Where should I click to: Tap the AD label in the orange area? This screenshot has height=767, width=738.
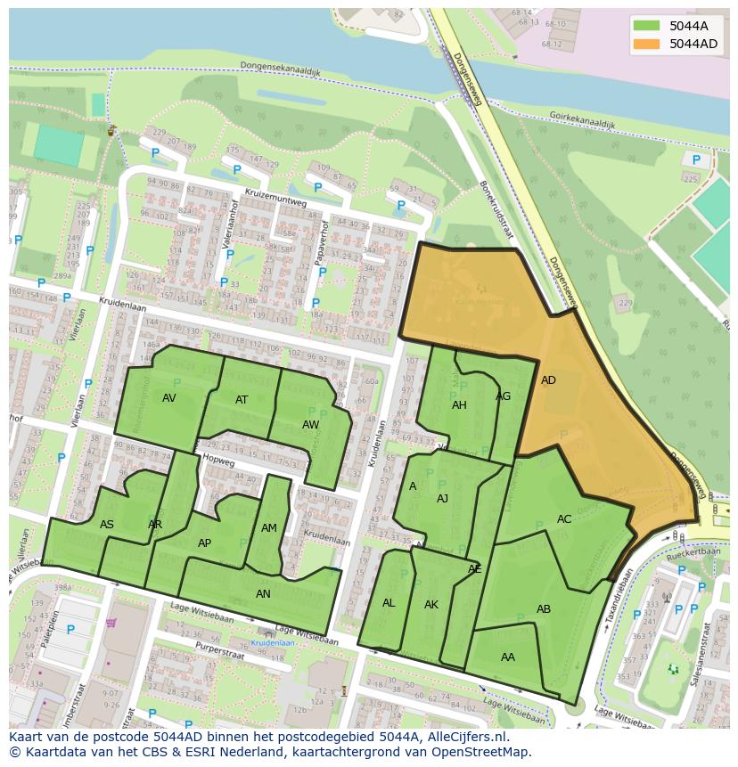[548, 380]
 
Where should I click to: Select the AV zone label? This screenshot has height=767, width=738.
[169, 398]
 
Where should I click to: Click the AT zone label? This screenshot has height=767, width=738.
[242, 400]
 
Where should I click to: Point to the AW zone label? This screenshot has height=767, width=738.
[310, 425]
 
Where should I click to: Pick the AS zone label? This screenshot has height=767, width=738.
[107, 525]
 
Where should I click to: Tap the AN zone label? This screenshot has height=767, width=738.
[263, 593]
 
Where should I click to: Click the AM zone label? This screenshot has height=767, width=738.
[269, 528]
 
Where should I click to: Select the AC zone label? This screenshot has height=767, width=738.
[564, 519]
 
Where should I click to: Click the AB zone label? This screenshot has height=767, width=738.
[544, 609]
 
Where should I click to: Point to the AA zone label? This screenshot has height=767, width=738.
[508, 657]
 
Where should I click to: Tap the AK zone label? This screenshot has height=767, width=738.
[431, 605]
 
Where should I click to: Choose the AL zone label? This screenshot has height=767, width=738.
[389, 603]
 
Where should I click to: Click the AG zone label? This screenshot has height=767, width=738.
[504, 396]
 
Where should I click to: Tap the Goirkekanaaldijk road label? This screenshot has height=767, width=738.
[582, 119]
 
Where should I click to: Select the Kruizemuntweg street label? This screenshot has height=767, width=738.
[275, 199]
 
